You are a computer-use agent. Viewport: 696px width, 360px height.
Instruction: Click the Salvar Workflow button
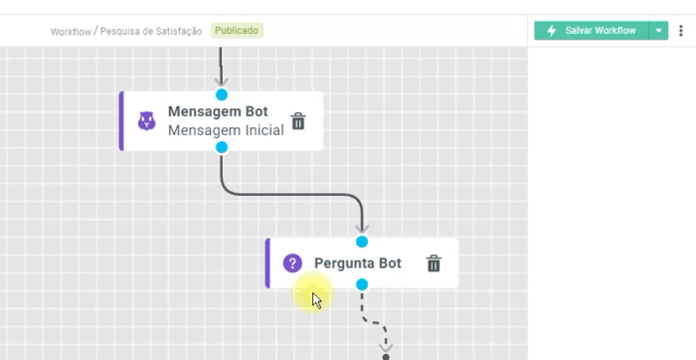point(592,31)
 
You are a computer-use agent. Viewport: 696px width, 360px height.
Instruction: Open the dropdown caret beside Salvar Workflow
point(658,31)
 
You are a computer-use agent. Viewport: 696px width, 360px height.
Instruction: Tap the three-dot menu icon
point(681,31)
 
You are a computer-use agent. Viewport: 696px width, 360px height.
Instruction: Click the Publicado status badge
point(237,31)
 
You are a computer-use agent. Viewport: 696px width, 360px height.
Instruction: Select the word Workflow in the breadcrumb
point(71,32)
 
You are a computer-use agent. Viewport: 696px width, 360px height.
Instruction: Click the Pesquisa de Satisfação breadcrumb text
point(151,31)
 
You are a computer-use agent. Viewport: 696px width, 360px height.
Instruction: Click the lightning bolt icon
point(551,31)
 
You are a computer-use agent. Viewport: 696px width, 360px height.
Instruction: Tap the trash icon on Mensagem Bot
point(298,121)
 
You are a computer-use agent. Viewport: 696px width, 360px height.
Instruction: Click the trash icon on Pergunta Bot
point(434,264)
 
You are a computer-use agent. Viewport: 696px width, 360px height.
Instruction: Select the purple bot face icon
point(146,120)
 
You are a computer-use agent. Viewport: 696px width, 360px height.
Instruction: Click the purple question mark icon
point(292,264)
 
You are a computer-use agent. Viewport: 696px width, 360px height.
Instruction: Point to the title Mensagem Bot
point(218,111)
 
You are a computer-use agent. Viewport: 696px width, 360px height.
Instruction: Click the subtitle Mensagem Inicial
point(226,130)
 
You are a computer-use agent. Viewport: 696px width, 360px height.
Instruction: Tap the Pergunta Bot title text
point(358,264)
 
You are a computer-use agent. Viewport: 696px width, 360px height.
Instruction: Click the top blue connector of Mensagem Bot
point(222,94)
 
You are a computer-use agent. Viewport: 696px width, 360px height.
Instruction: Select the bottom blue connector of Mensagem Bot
point(222,147)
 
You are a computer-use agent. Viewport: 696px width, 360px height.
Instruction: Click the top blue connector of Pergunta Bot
point(362,242)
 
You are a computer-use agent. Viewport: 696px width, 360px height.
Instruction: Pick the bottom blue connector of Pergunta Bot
point(362,284)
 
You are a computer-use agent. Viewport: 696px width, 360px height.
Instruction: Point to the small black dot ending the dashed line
point(386,357)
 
